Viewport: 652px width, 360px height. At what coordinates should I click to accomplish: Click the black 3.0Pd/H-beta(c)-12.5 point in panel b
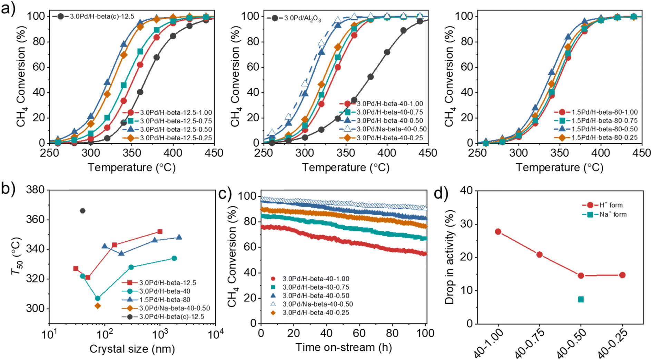point(82,211)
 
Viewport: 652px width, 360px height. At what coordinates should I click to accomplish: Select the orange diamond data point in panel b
point(98,306)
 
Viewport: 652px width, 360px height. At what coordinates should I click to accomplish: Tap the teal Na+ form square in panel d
point(581,299)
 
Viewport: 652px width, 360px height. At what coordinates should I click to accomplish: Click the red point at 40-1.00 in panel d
point(498,232)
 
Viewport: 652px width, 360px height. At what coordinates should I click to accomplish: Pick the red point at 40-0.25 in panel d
point(622,275)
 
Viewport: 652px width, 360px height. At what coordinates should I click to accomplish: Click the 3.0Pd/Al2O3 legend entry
point(303,18)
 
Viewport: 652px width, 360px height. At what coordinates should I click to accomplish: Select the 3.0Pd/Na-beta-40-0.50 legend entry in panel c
point(317,304)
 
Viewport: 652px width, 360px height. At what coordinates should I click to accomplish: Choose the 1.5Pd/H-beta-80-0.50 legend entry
point(604,129)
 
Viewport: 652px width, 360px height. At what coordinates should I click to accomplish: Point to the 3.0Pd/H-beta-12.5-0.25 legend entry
point(176,138)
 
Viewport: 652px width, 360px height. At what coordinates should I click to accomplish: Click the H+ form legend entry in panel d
point(611,205)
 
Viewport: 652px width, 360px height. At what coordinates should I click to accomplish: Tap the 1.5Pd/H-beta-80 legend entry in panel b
point(165,300)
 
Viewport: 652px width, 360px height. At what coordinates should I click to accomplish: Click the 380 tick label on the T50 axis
point(36,190)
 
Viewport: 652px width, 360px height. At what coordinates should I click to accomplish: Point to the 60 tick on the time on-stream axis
point(359,333)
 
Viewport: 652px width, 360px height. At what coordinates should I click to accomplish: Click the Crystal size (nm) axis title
point(132,349)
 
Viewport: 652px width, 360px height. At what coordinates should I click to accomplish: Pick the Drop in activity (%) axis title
point(450,257)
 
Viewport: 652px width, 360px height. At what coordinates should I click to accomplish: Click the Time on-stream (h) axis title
point(343,347)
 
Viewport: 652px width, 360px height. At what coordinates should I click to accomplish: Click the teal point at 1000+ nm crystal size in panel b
point(174,258)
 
